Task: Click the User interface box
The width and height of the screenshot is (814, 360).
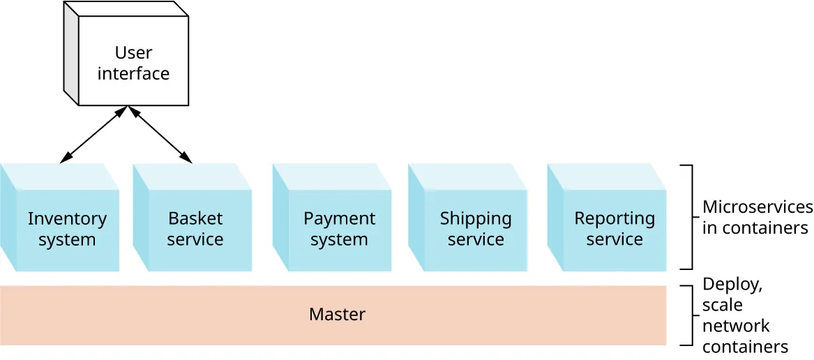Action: pyautogui.click(x=133, y=63)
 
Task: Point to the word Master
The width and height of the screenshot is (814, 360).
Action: pyautogui.click(x=337, y=315)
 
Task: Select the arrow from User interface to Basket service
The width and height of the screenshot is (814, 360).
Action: pyautogui.click(x=160, y=135)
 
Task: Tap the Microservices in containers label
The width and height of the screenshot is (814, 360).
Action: pyautogui.click(x=756, y=217)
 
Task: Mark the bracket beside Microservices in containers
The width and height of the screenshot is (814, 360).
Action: pyautogui.click(x=689, y=217)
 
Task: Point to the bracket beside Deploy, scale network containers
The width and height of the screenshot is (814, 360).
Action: pyautogui.click(x=689, y=315)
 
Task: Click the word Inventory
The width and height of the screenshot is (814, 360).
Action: pyautogui.click(x=67, y=218)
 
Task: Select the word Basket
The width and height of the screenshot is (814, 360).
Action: pyautogui.click(x=195, y=218)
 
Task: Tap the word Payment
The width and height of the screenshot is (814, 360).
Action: pyautogui.click(x=339, y=218)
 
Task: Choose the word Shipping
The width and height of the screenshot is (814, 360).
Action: pyautogui.click(x=475, y=218)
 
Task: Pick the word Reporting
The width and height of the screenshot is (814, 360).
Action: pyautogui.click(x=615, y=218)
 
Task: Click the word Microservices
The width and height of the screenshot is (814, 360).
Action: pyautogui.click(x=757, y=207)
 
